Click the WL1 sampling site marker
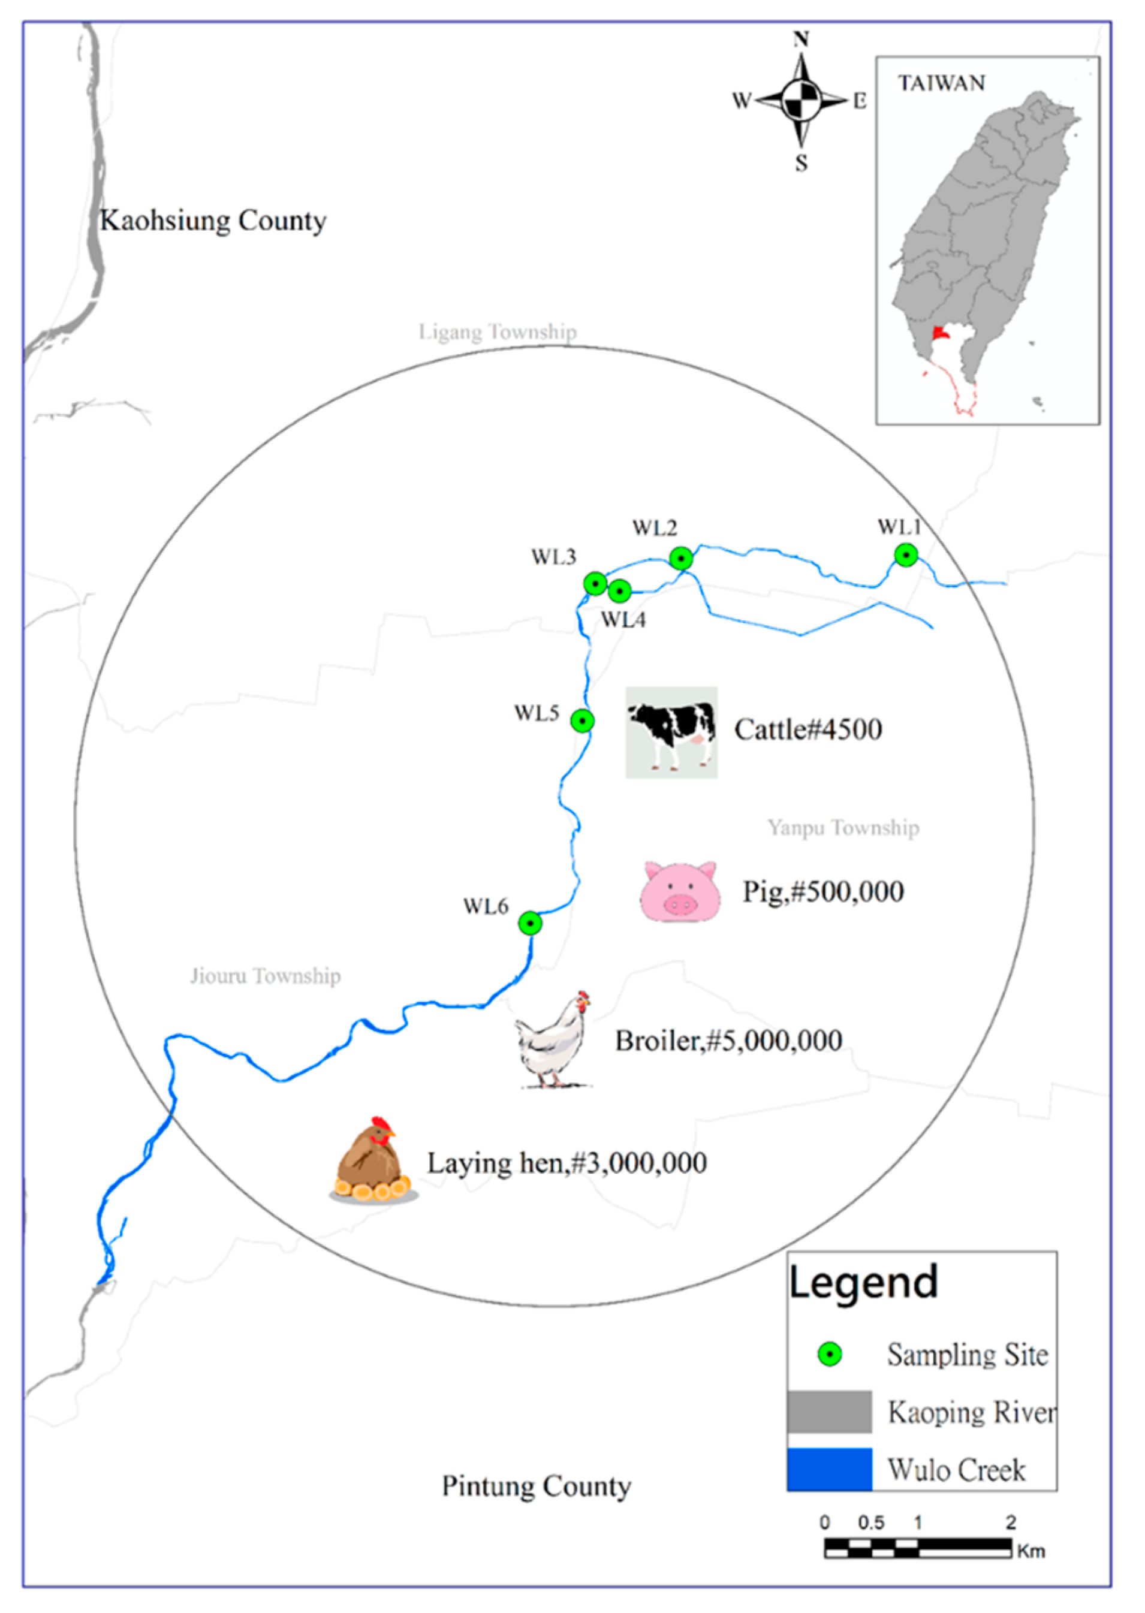906,556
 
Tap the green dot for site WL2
681,559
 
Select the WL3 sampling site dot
595,584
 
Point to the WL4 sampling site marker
619,591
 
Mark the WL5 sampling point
582,720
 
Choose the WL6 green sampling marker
530,923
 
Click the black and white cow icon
672,732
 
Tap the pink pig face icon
680,892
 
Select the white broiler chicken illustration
554,1041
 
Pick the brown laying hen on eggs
373,1161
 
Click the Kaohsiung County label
213,221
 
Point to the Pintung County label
537,1486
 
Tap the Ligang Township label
498,331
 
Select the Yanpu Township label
843,827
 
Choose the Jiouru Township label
265,976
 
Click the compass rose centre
802,101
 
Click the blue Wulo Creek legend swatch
829,1470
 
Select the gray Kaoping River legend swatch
829,1412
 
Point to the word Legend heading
864,1282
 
